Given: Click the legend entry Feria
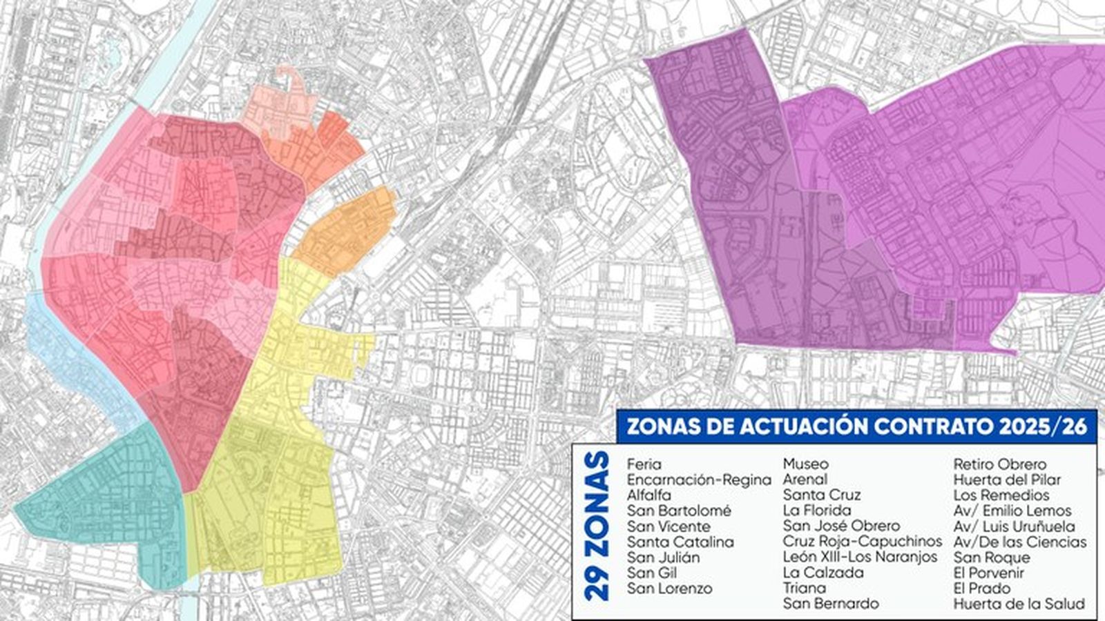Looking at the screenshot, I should coord(644,464).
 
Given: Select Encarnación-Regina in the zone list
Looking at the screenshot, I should coord(699,480).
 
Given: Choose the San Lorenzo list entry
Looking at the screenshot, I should coord(670,589).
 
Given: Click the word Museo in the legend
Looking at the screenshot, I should coord(805,464).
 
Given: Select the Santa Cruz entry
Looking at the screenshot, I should coord(822,495).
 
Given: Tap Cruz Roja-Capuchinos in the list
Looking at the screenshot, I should coord(862,542).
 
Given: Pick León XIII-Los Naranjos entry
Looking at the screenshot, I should coord(860,557).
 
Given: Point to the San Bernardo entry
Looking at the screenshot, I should coord(831,604).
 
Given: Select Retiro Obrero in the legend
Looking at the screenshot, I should coord(999,464).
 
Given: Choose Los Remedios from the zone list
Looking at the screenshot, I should coord(1001,495).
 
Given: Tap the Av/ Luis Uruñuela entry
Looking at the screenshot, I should coord(1014,526).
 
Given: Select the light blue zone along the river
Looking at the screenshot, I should coord(76,352).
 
